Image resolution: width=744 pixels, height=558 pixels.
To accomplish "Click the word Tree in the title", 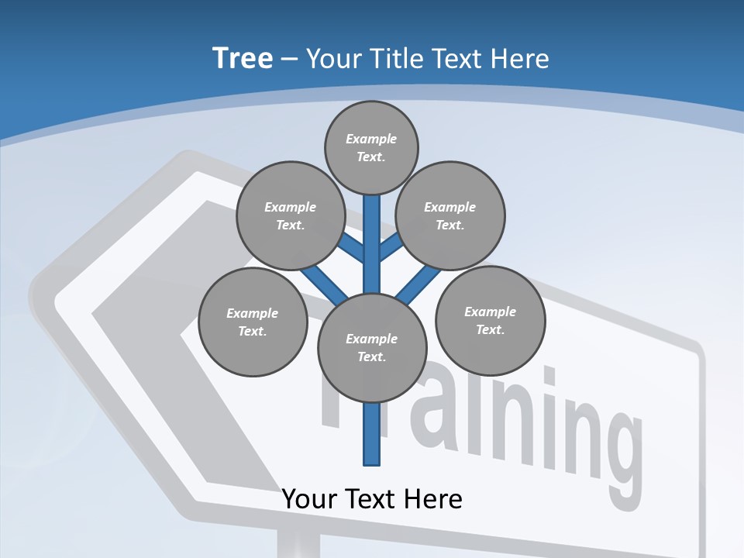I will [243, 59].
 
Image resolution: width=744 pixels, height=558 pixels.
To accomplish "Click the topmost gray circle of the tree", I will [371, 147].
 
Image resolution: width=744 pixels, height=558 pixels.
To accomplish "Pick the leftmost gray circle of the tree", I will [253, 322].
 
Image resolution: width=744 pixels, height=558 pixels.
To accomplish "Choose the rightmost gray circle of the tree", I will [490, 320].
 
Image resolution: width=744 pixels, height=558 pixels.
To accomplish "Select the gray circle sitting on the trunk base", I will [372, 347].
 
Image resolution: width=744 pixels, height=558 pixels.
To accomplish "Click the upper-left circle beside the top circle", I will [291, 215].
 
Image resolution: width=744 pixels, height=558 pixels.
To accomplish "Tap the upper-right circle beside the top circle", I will [450, 215].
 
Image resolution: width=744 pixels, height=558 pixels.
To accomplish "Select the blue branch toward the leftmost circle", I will [322, 282].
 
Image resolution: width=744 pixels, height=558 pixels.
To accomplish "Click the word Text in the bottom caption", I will [382, 498].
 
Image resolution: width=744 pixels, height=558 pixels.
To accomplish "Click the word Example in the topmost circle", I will [371, 139].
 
